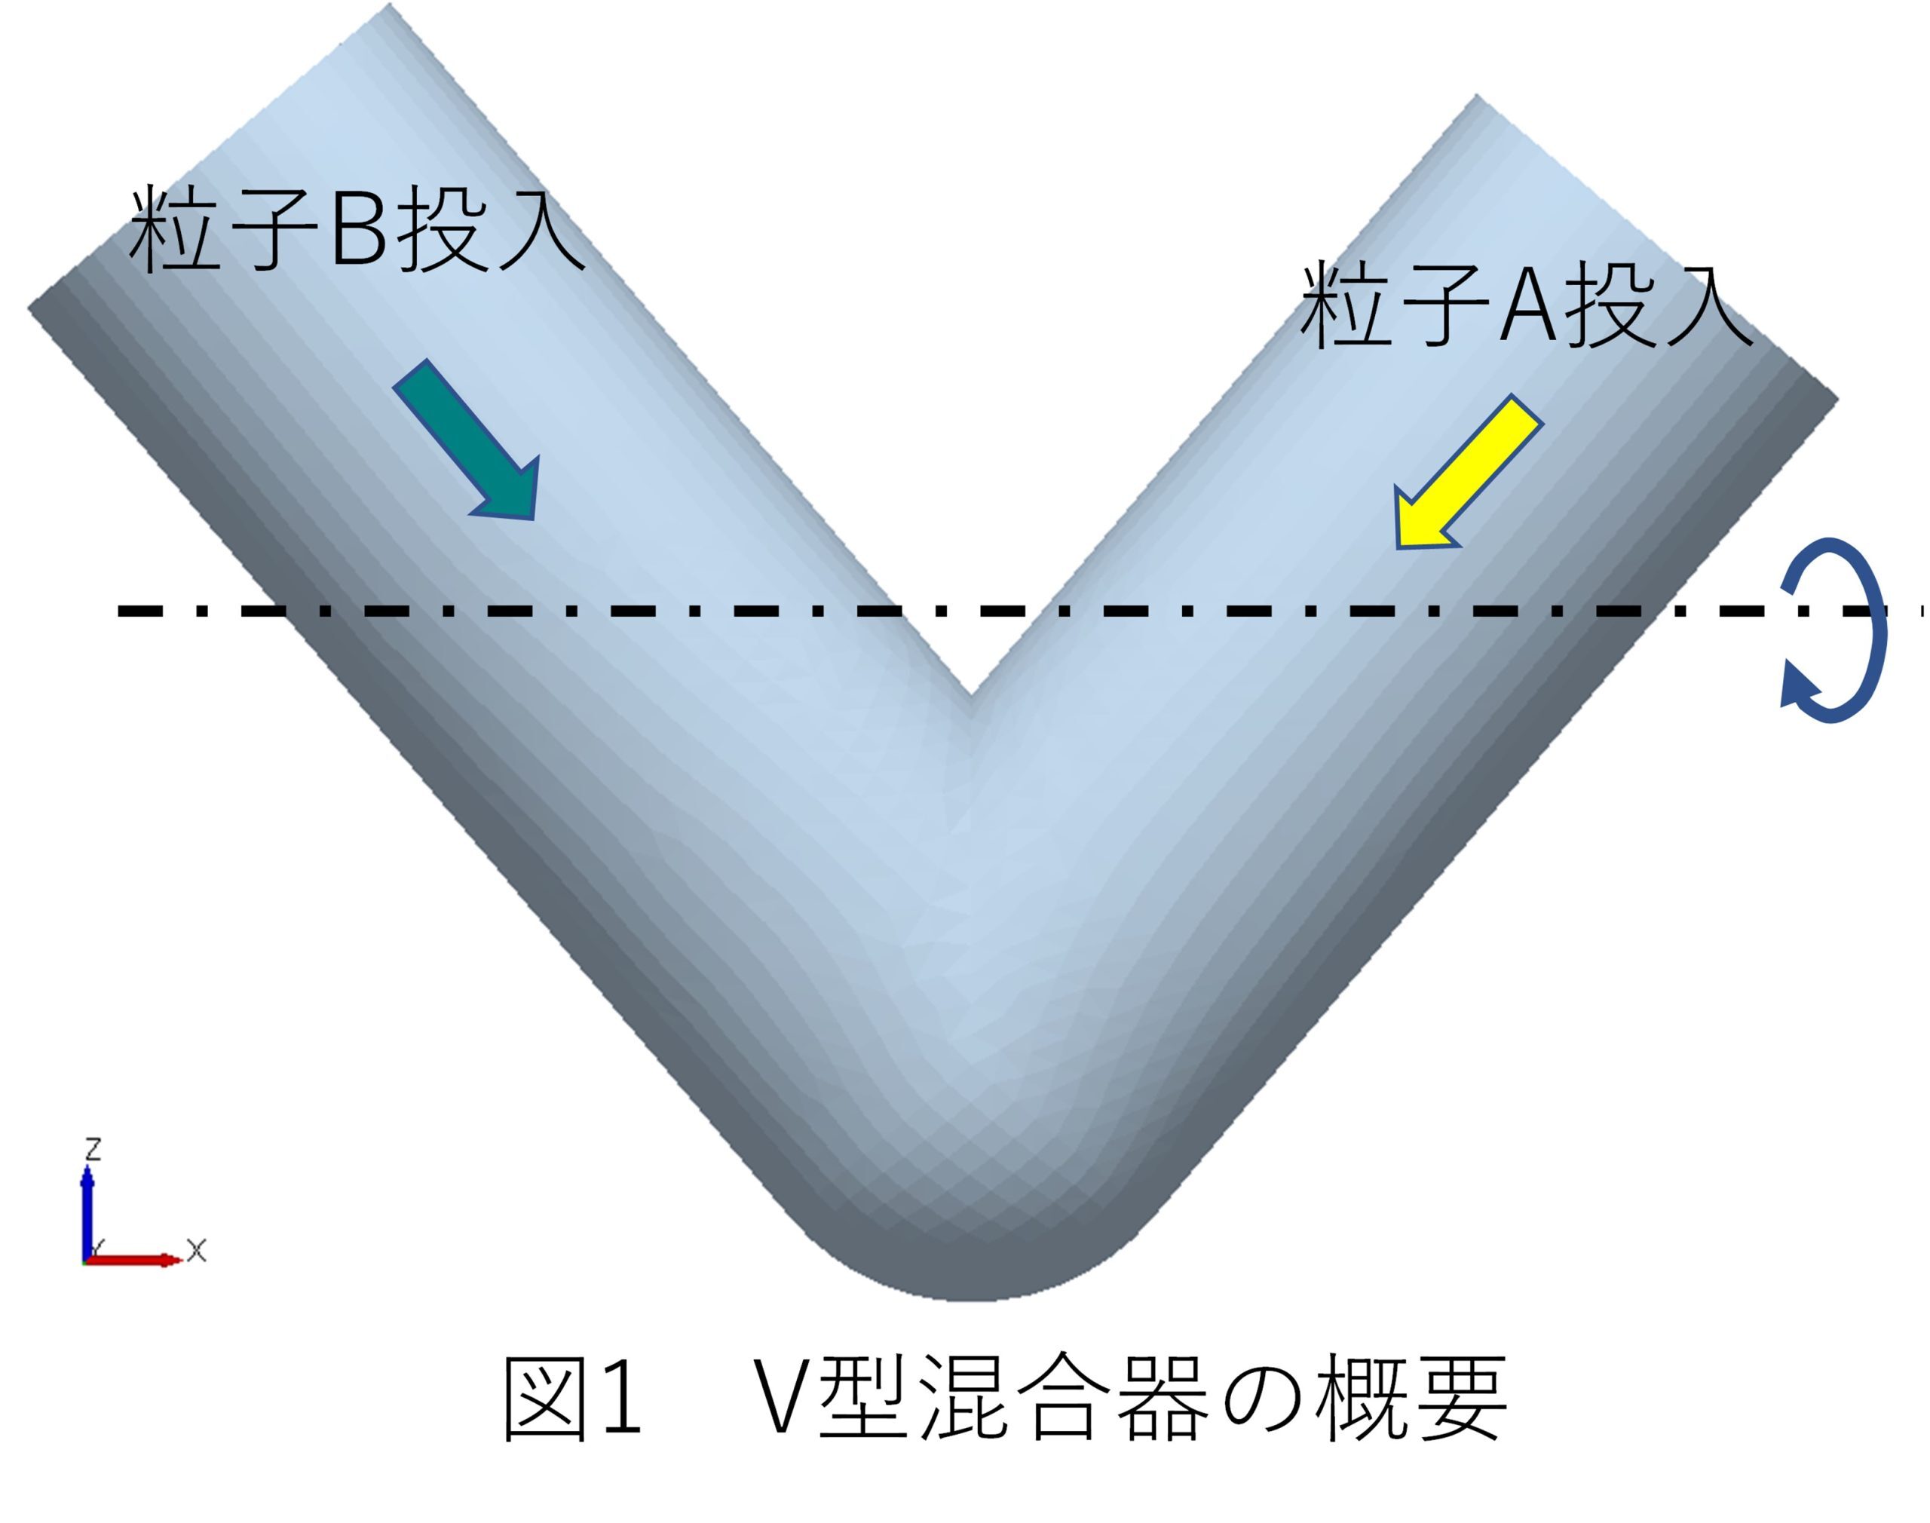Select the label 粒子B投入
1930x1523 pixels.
tap(357, 228)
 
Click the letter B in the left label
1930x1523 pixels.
tap(358, 229)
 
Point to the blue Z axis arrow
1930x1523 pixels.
tap(87, 1212)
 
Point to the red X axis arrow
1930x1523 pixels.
tap(133, 1259)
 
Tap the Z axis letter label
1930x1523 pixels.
tap(92, 1149)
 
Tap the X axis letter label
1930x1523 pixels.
tap(197, 1250)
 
